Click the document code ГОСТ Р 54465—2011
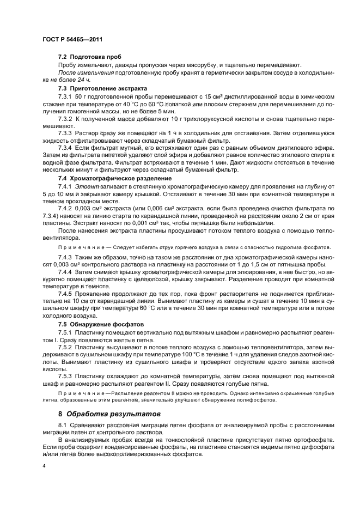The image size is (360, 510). coord(72,40)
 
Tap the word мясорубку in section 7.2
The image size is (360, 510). coord(194,65)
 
